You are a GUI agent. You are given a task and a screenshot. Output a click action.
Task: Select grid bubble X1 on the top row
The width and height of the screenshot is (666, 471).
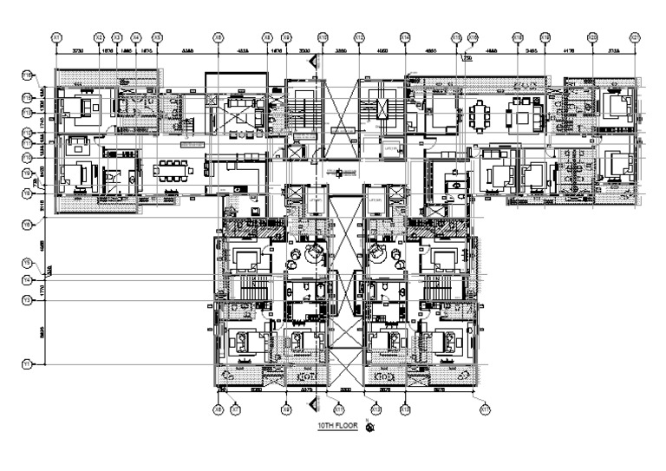[56, 37]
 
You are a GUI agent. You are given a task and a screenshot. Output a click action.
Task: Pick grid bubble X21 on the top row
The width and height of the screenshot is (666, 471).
[634, 37]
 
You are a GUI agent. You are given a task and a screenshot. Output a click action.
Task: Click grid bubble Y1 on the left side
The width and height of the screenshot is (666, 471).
[27, 365]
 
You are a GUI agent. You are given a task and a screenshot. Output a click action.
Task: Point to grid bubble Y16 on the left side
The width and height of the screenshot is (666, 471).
[27, 76]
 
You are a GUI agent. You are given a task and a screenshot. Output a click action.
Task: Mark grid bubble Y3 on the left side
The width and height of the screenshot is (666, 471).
[27, 299]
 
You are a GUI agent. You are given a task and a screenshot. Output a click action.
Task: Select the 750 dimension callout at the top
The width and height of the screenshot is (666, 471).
[467, 59]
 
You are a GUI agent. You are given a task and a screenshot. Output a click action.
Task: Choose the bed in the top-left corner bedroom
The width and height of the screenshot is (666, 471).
[86, 108]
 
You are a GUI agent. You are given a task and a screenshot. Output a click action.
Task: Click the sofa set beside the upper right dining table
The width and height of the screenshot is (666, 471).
[524, 113]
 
